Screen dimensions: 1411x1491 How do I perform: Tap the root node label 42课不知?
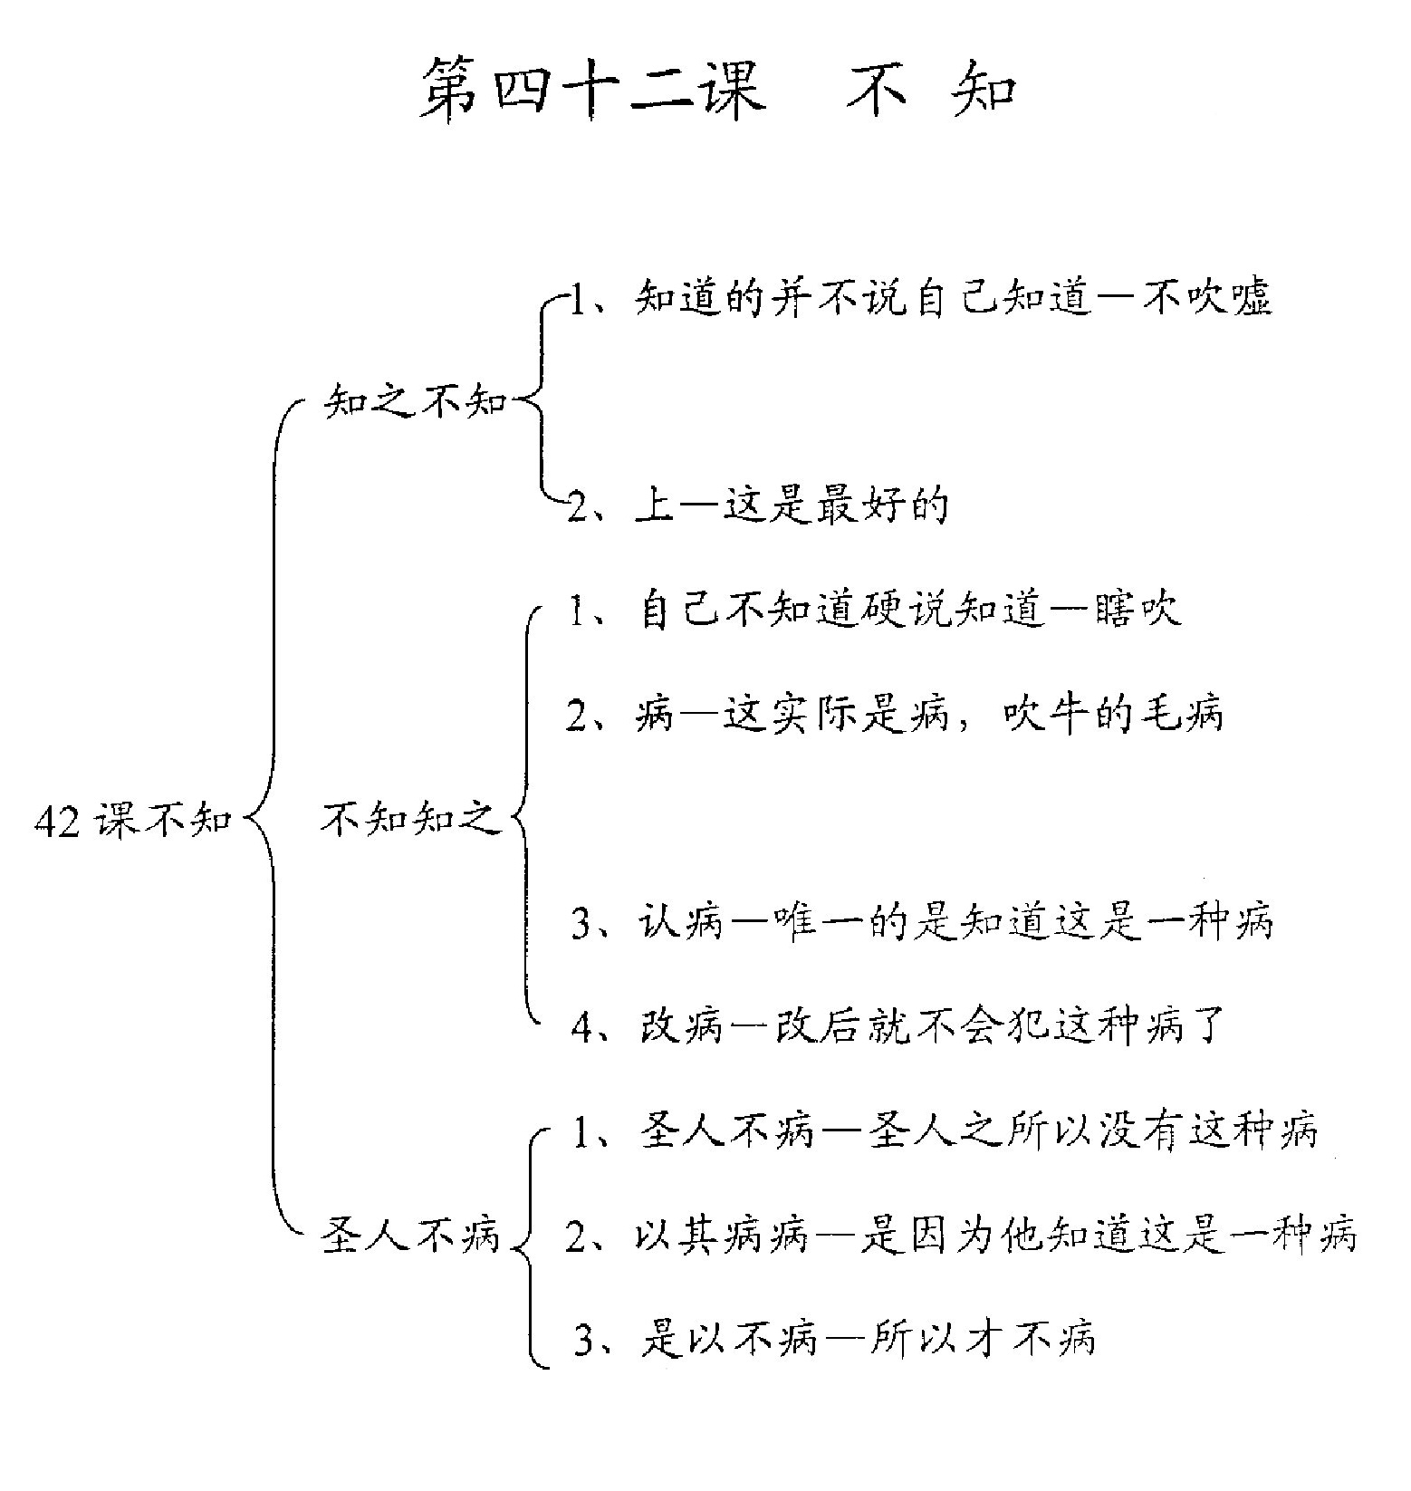click(x=132, y=821)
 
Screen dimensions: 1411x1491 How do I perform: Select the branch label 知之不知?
click(x=416, y=399)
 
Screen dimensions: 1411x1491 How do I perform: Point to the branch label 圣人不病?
click(x=411, y=1236)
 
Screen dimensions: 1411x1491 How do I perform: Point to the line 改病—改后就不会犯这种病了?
click(x=899, y=1027)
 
